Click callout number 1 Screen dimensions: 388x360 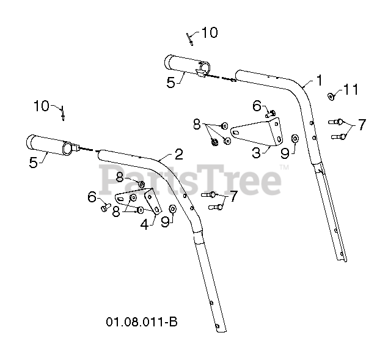319,80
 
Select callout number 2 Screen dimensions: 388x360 178,153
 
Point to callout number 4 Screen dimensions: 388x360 144,224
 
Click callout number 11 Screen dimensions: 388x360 350,90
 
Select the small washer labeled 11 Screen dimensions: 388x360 331,95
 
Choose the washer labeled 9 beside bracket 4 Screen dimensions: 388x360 173,210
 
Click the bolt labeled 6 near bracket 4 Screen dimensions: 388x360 104,208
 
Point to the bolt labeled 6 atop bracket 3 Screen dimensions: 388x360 271,112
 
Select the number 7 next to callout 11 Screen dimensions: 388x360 362,125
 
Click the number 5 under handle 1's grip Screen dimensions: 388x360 172,81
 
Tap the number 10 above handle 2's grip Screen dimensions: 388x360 42,106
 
